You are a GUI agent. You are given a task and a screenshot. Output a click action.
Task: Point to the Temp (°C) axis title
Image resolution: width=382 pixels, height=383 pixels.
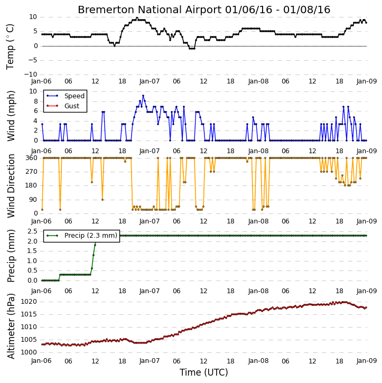coord(10,46)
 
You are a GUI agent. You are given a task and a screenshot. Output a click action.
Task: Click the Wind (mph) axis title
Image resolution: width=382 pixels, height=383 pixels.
coord(11,116)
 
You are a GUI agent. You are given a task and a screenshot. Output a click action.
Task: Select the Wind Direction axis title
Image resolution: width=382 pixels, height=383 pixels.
coord(11,185)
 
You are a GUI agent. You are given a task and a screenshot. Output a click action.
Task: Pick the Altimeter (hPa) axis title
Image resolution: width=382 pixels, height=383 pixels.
coord(11,326)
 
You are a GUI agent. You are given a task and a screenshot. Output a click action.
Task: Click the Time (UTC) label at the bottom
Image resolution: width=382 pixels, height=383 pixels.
coord(204,372)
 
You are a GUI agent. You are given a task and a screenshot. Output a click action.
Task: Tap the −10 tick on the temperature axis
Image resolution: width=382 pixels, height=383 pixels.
coord(31,74)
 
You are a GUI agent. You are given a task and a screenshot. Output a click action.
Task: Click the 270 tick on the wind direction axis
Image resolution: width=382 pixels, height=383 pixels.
coord(32,172)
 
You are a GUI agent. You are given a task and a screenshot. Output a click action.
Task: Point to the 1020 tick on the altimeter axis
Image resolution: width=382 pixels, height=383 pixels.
coord(29,302)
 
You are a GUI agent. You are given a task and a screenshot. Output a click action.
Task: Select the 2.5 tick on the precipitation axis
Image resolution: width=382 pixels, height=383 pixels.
coord(32,231)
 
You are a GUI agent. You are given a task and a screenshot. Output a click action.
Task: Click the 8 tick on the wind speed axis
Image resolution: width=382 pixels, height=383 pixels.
coord(35,101)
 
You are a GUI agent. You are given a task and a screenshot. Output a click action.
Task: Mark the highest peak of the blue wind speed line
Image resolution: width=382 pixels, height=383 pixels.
coord(143,96)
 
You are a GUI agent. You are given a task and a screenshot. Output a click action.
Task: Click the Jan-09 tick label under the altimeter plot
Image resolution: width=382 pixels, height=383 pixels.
coord(367,361)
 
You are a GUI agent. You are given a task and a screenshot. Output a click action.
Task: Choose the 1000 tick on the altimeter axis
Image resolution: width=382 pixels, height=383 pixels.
coord(29,352)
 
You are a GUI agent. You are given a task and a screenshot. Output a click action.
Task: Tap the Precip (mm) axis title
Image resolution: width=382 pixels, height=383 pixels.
coord(11,256)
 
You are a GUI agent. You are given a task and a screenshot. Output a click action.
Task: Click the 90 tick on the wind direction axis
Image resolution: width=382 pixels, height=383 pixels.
coord(33,200)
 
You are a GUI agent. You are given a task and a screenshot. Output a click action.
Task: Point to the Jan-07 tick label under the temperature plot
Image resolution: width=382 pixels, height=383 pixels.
coord(150,81)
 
